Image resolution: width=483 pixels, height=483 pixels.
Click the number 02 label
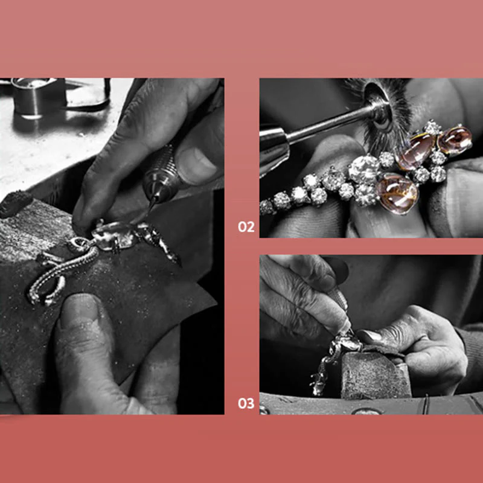[246, 228]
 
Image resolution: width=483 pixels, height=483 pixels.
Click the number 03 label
[246, 404]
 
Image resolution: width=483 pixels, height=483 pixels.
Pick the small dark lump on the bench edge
[16, 202]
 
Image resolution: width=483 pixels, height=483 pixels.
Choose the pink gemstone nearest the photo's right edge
[455, 140]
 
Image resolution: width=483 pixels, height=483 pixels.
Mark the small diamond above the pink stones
[432, 127]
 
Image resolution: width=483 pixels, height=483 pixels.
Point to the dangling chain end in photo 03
[318, 386]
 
